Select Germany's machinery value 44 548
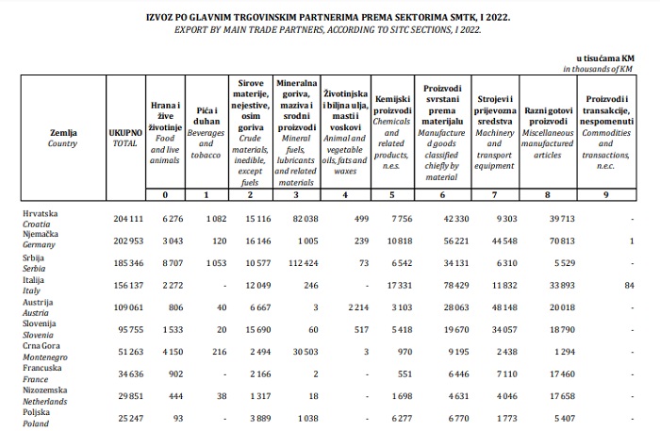502,240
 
